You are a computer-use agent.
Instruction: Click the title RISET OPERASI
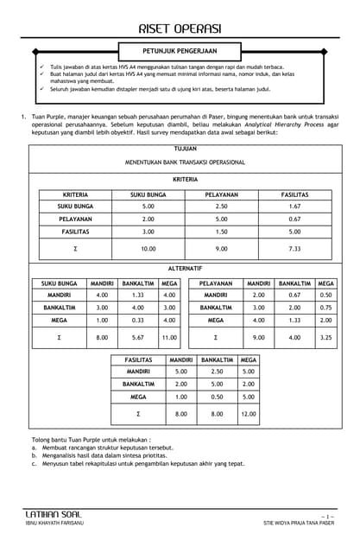tap(180, 28)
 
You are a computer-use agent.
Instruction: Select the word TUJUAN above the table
tap(185, 149)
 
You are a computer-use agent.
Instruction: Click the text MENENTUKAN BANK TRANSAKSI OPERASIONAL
tap(185, 162)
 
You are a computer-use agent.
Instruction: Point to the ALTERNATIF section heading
tap(185, 269)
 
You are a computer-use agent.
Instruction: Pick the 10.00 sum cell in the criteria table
tap(148, 248)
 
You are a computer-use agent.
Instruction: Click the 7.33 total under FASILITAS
tap(294, 248)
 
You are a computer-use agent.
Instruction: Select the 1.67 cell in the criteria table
tap(294, 207)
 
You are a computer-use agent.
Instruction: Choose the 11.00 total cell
tap(169, 337)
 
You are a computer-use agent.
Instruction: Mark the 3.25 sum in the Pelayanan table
tap(325, 337)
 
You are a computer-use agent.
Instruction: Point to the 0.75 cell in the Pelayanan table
tap(325, 307)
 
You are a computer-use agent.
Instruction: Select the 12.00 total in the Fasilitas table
tap(249, 414)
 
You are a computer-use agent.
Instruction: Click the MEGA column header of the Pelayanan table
tap(325, 283)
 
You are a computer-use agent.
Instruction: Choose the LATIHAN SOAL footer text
tap(54, 514)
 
